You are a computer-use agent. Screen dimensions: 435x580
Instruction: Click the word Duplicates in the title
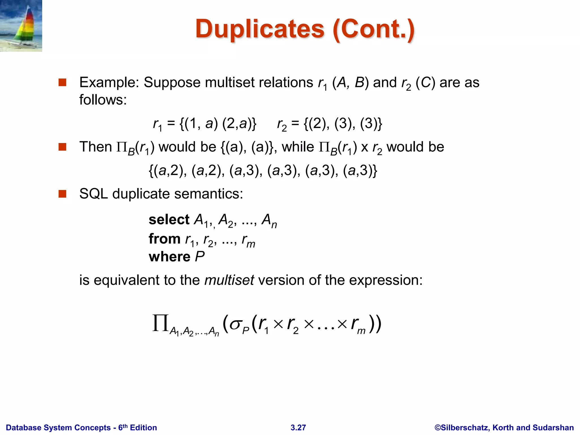click(x=259, y=29)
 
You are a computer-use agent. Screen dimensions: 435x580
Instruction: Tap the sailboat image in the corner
click(x=21, y=25)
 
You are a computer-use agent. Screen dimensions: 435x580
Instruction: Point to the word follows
click(x=103, y=100)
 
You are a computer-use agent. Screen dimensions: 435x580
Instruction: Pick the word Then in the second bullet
click(x=96, y=147)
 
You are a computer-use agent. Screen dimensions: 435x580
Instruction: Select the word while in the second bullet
click(x=298, y=147)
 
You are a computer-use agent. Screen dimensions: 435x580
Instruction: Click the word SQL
click(x=93, y=194)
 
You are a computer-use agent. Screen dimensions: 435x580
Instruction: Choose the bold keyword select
click(x=169, y=220)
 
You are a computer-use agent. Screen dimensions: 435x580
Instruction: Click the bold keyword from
click(x=164, y=239)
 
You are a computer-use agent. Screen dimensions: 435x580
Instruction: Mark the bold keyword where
click(x=169, y=257)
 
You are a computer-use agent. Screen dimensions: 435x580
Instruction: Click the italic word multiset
click(x=229, y=280)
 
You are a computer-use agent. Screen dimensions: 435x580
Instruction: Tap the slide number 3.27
click(x=298, y=428)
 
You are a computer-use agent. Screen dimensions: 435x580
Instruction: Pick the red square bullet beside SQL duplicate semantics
click(x=62, y=194)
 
